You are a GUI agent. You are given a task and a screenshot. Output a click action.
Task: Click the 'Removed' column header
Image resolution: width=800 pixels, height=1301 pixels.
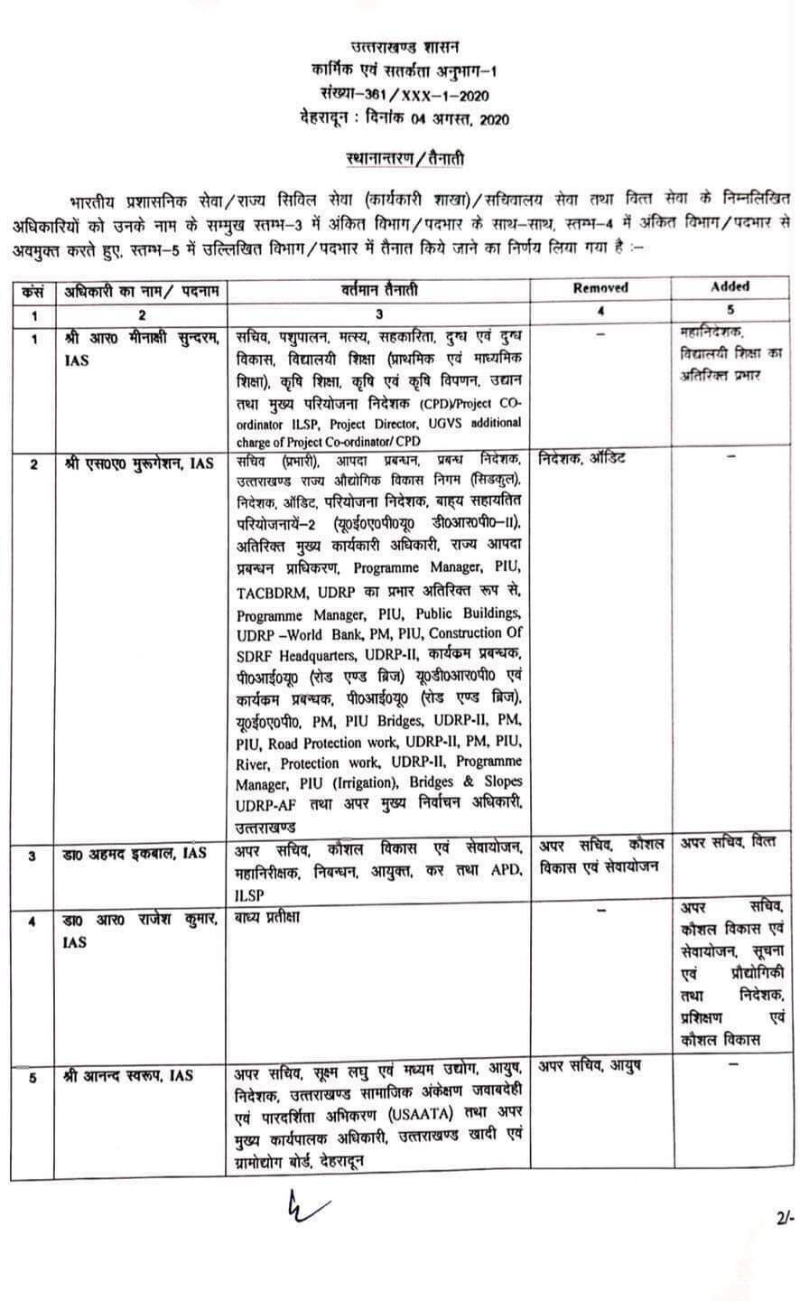point(600,288)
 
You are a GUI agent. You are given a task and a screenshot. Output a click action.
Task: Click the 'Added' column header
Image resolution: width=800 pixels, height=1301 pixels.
point(730,286)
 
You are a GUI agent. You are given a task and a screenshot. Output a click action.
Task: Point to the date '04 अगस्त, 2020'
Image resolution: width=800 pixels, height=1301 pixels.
point(457,118)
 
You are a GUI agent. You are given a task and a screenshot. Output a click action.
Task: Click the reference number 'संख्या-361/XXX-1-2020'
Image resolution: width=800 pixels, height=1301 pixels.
point(405,93)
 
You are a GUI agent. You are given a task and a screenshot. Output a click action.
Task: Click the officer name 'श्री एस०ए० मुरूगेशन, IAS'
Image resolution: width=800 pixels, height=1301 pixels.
point(139,463)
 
